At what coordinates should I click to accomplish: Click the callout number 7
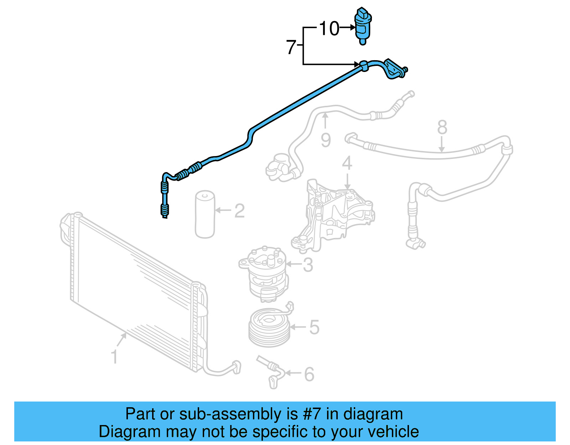(291, 47)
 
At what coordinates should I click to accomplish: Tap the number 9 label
(326, 140)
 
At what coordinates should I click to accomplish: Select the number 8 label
(442, 127)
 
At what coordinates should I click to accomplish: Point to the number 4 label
(347, 164)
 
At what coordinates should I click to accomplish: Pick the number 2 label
(239, 211)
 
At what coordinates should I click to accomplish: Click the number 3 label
(308, 265)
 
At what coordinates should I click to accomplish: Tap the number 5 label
(314, 327)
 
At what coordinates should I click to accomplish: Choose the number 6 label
(309, 374)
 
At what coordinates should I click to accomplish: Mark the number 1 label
(114, 357)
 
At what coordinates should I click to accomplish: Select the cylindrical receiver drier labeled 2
(205, 214)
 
